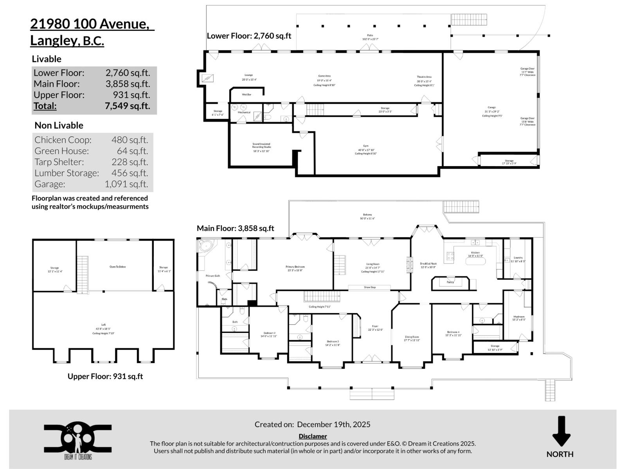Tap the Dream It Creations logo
tap(77, 440)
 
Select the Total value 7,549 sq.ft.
tap(127, 106)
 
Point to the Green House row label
tap(61, 151)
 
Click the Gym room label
tap(365, 146)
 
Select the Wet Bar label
tap(246, 95)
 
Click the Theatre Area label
tap(424, 77)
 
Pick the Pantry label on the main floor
tap(450, 282)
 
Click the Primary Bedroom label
tap(295, 267)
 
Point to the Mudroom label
tap(519, 317)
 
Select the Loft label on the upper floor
tap(103, 324)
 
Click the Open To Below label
tap(117, 267)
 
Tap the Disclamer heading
tap(313, 436)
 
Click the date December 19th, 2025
tap(333, 424)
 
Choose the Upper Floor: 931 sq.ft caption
tap(105, 376)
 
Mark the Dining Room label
tap(412, 337)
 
